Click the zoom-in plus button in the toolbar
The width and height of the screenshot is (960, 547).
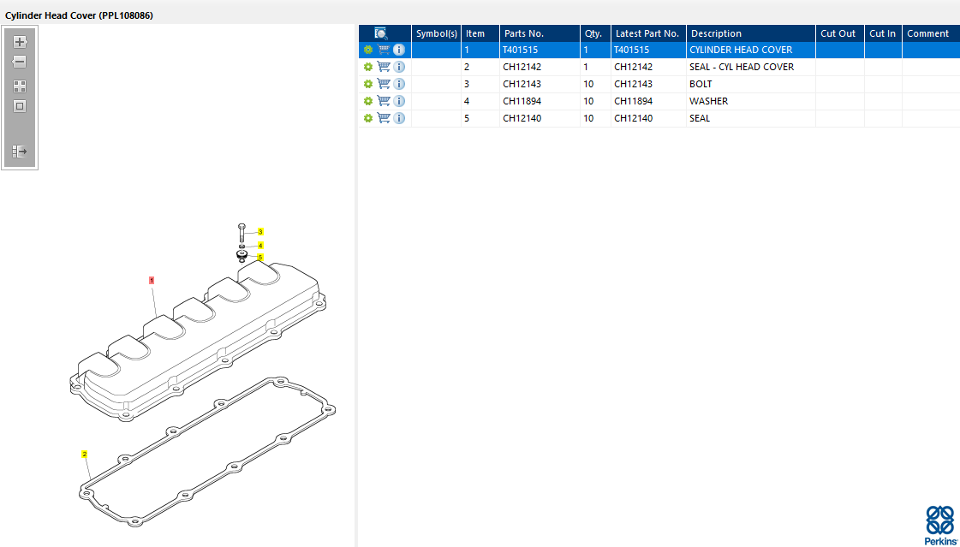(20, 42)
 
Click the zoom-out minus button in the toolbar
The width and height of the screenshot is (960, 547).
(20, 62)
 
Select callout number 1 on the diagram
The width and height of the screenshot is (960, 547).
(152, 280)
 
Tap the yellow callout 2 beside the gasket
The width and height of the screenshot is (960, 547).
(85, 454)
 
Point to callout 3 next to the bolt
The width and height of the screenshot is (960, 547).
(260, 232)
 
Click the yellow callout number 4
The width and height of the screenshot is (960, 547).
(260, 246)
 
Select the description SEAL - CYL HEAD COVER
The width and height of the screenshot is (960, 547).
(742, 67)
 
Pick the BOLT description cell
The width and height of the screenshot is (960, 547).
(701, 84)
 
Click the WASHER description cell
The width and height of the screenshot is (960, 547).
(708, 101)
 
